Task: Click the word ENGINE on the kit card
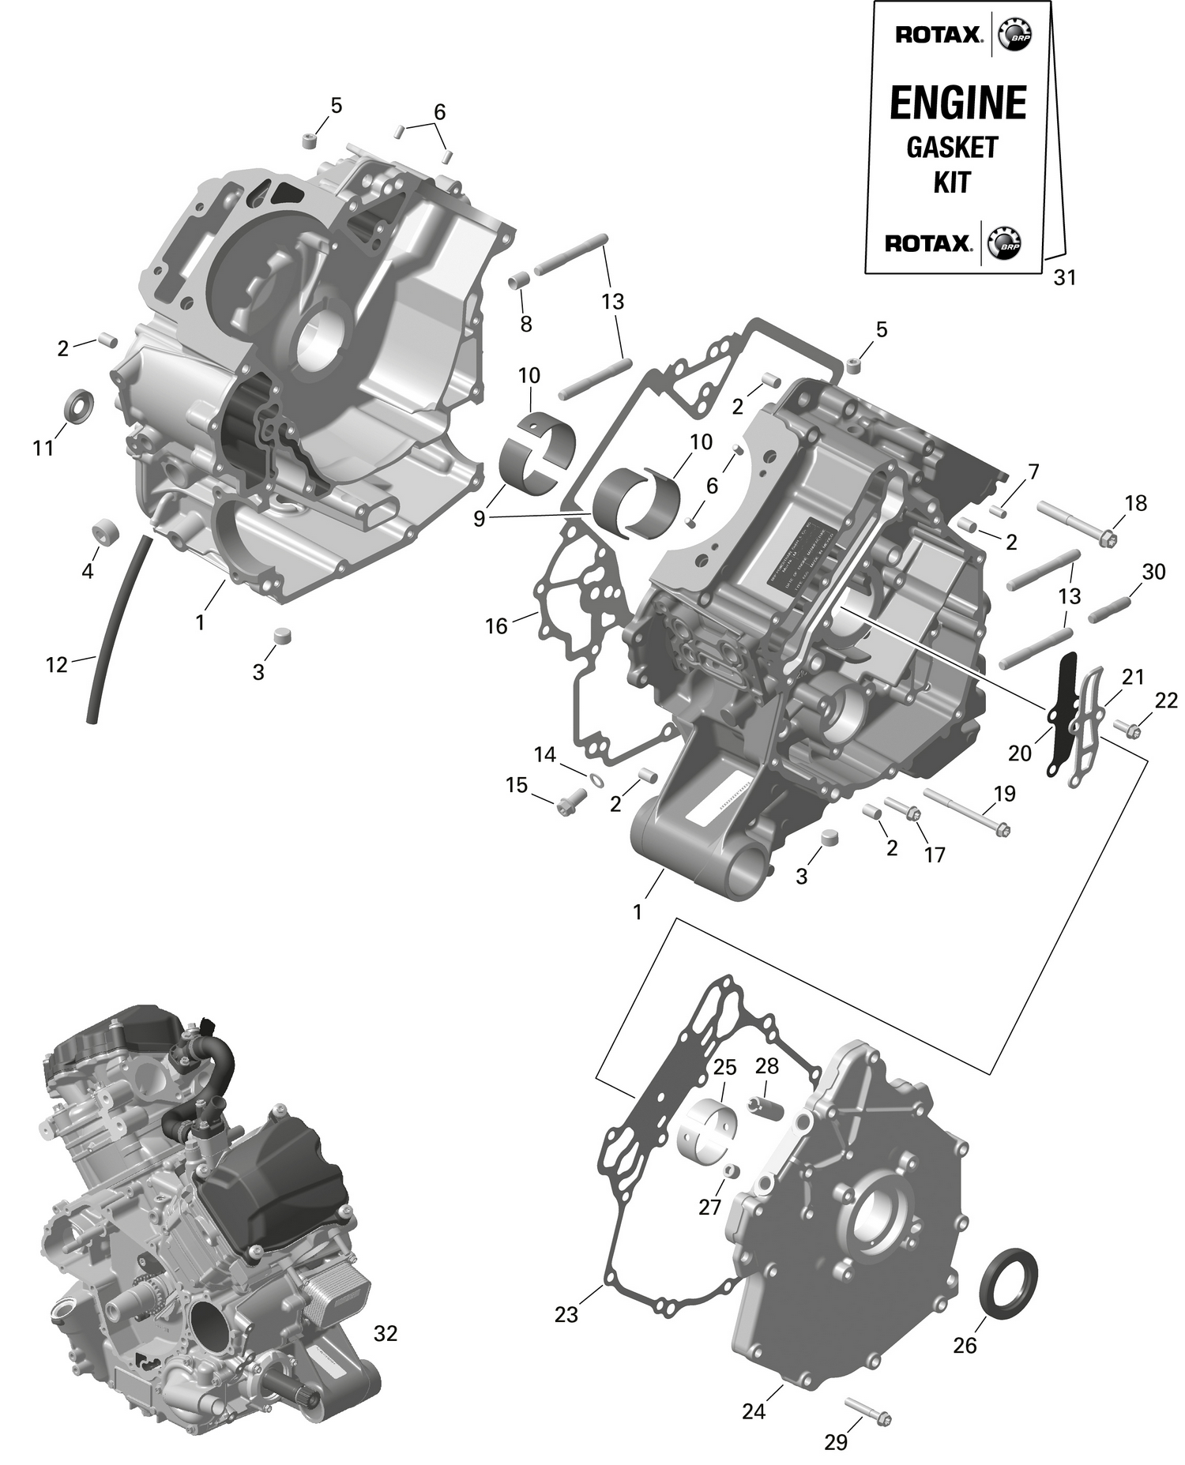coord(957,103)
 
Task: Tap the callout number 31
coord(1065,278)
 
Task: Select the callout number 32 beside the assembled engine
coord(385,1333)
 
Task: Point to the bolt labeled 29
coord(867,1411)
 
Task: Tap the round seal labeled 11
coord(78,405)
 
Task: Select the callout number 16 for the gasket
coord(496,626)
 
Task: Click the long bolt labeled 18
coord(1074,524)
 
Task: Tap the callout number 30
coord(1153,573)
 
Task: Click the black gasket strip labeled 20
coord(1063,711)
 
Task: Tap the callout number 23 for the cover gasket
coord(566,1314)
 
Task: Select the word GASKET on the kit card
coord(952,147)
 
